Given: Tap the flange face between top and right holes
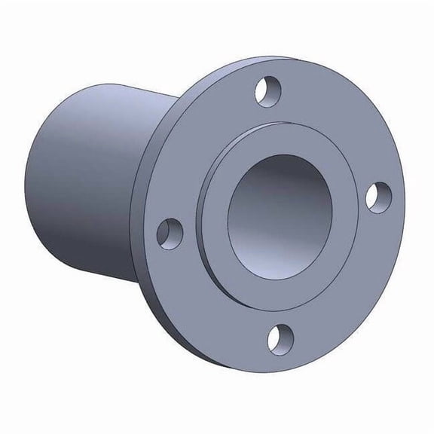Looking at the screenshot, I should coord(339,121).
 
